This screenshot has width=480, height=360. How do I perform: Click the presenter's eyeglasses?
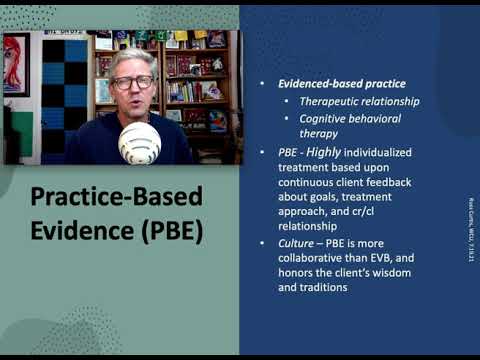pos(132,82)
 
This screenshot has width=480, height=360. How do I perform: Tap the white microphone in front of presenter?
pos(139,143)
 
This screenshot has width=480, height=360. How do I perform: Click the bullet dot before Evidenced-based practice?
pos(262,83)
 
